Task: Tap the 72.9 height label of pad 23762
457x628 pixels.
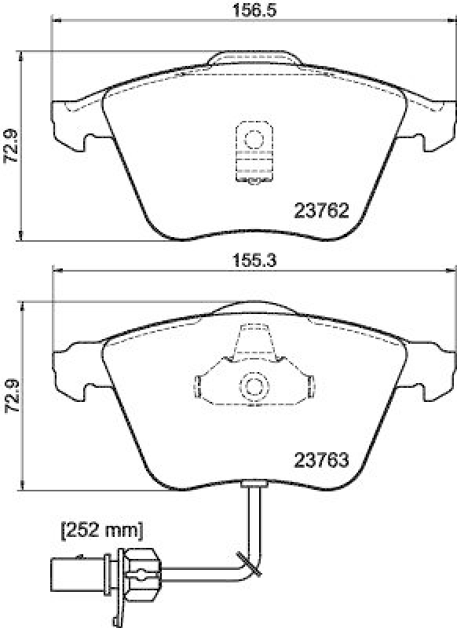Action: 9,146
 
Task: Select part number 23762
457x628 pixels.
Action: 320,210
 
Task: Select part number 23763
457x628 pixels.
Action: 320,461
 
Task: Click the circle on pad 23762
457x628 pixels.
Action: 254,140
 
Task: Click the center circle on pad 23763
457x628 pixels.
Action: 254,385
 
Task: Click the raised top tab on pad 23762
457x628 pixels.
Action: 254,60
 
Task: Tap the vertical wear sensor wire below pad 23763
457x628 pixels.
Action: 254,518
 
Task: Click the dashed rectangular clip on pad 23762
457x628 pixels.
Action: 254,153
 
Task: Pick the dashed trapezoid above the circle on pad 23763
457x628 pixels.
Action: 254,345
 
